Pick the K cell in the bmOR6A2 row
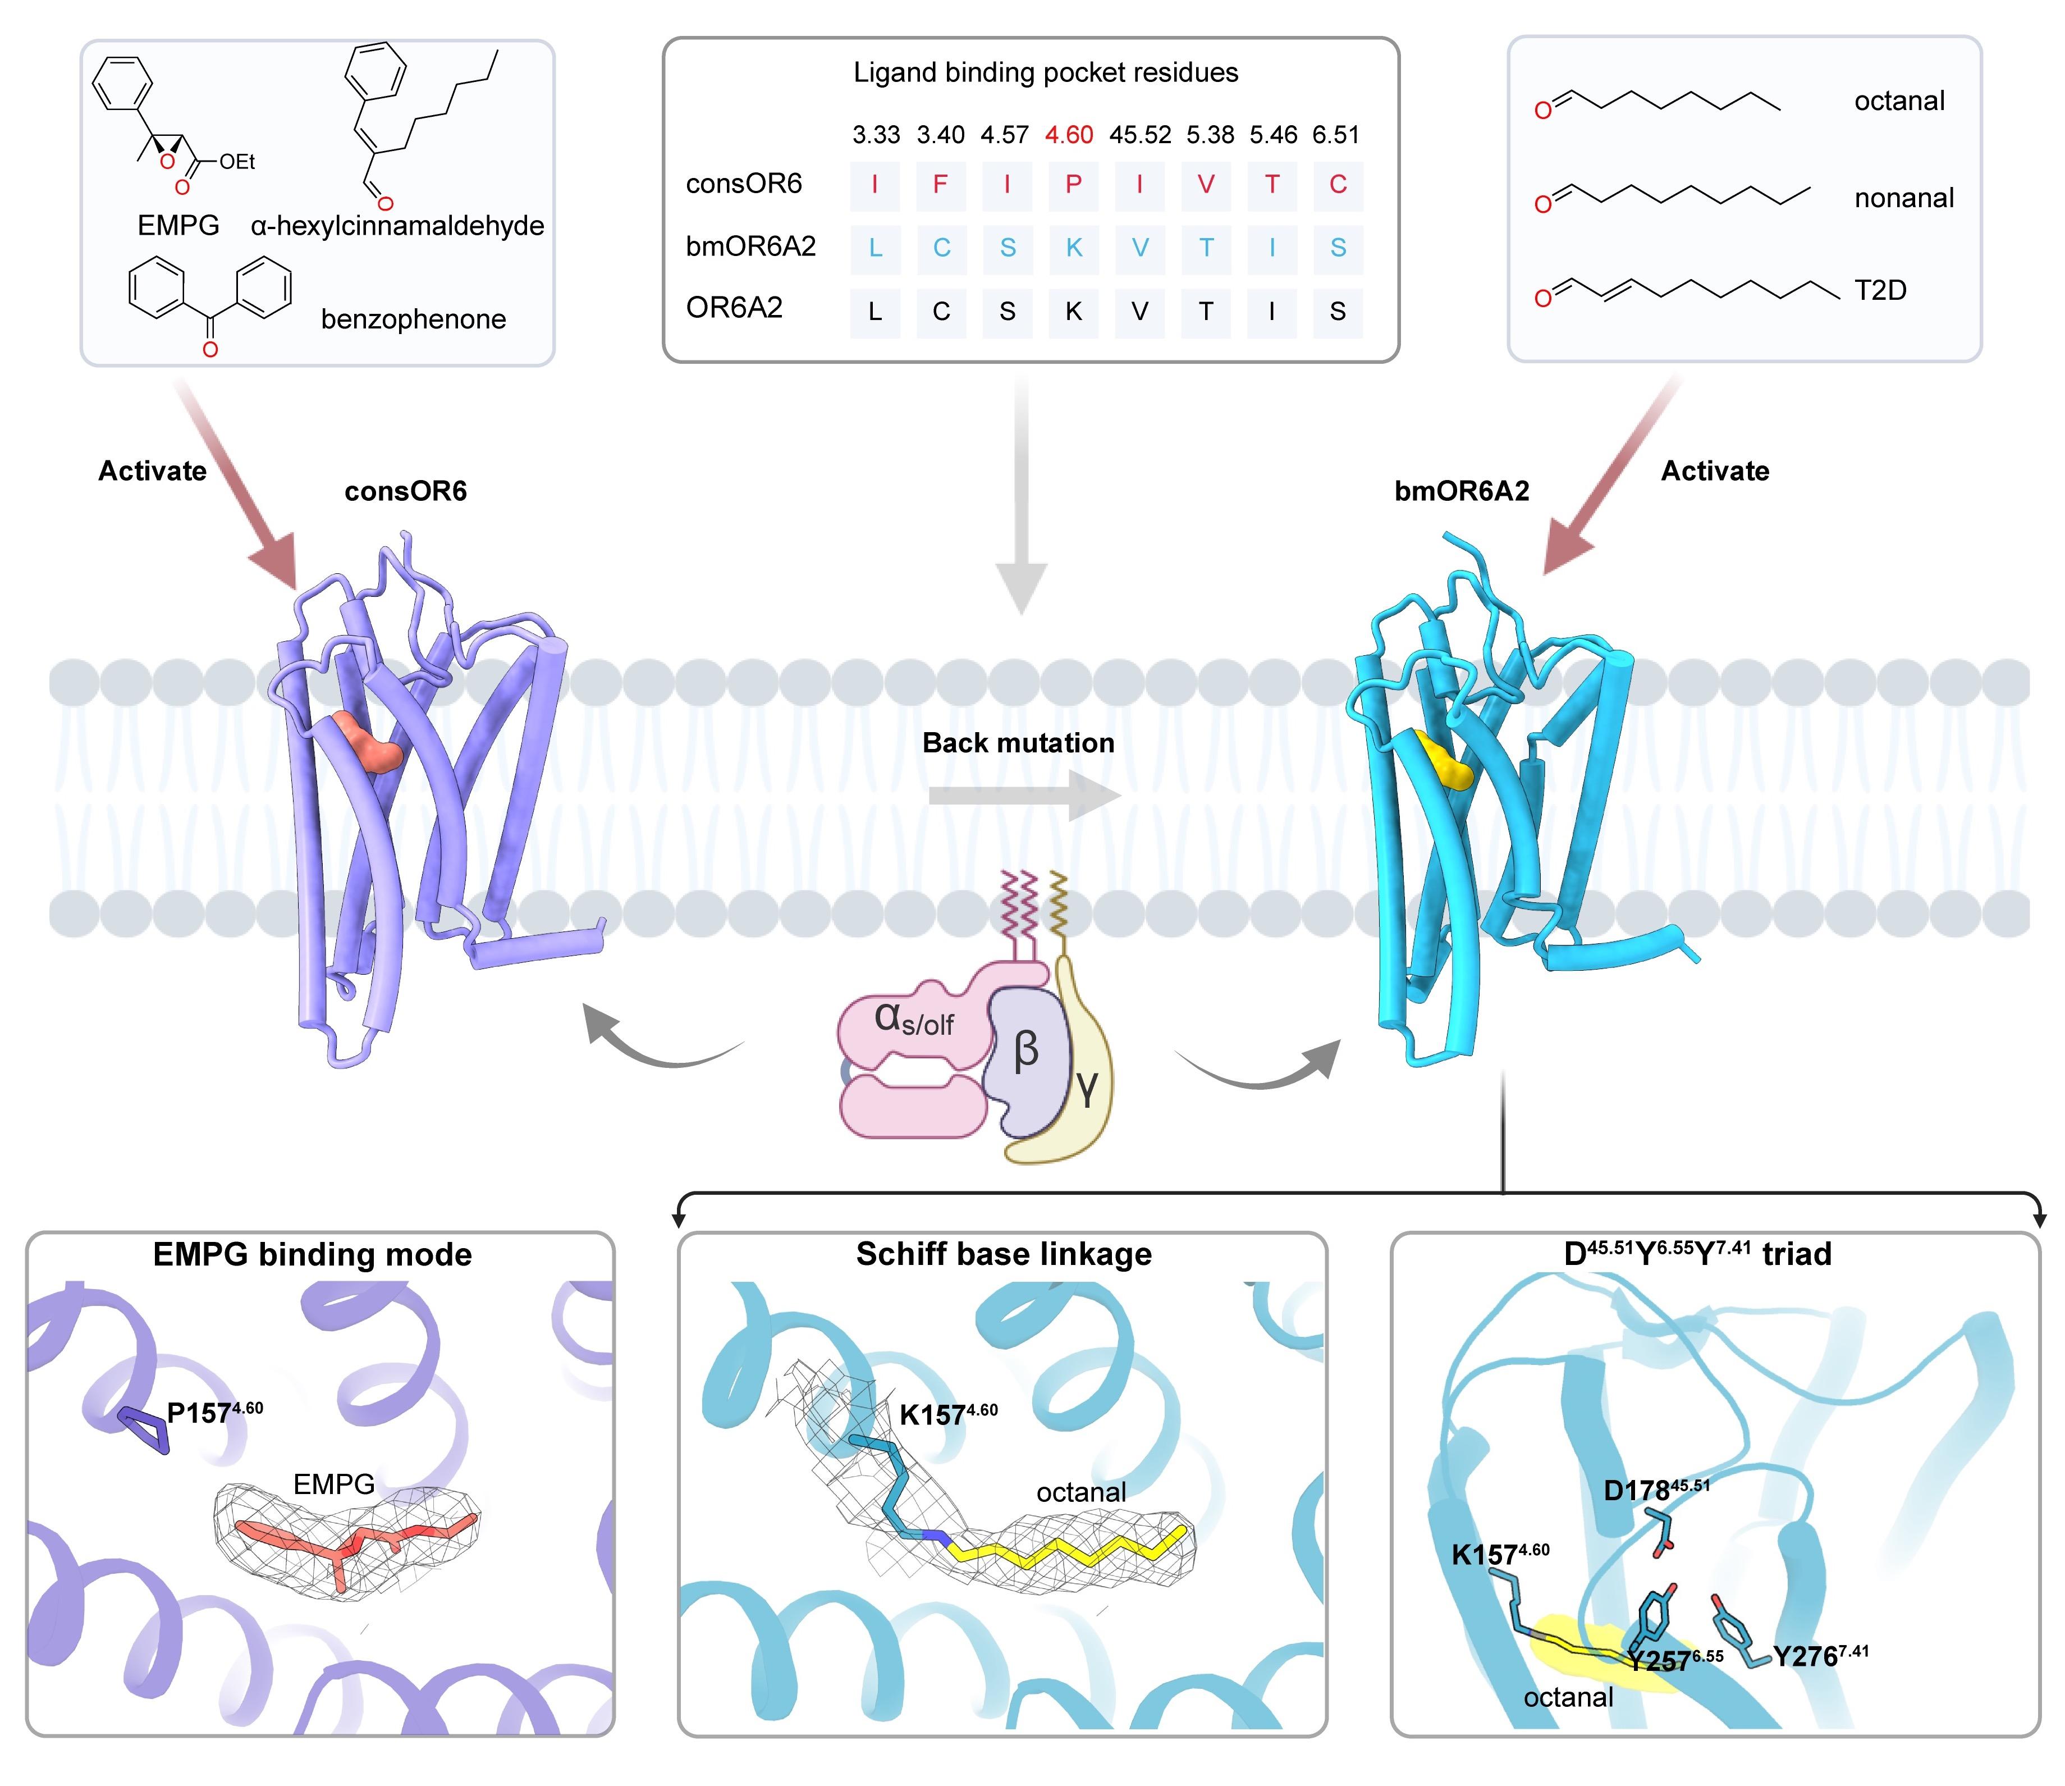point(1073,248)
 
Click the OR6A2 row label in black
point(735,308)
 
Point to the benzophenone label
point(413,320)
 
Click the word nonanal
point(1903,198)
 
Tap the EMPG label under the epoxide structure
point(178,226)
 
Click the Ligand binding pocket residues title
point(1046,73)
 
